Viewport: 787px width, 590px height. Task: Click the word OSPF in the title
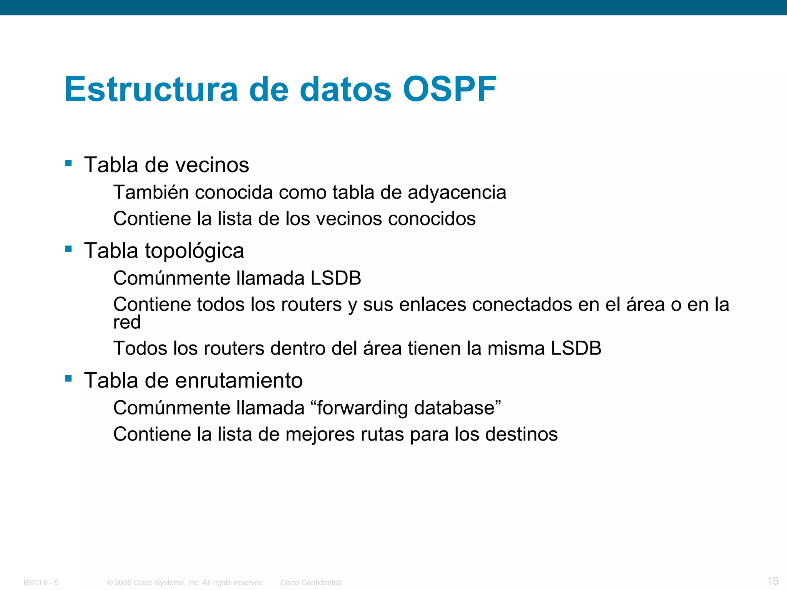450,89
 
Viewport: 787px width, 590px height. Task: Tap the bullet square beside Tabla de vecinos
69,163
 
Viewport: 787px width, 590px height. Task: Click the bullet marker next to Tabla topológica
69,249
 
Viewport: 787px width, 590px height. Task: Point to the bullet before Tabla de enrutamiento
69,379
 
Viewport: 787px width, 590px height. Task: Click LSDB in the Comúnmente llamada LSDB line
335,278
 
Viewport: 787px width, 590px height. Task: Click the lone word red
127,323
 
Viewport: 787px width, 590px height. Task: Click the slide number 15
772,581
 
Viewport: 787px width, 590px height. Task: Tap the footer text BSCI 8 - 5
41,583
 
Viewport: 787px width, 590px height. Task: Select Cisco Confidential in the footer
310,583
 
